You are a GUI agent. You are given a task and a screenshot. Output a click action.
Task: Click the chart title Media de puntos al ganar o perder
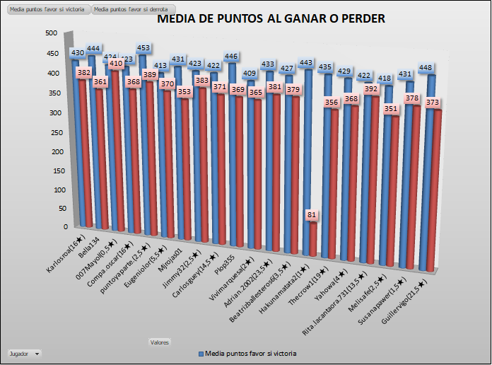[x=271, y=19]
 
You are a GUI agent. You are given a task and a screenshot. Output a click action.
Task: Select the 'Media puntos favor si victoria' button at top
[x=47, y=9]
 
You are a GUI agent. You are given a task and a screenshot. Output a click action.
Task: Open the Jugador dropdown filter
[x=24, y=352]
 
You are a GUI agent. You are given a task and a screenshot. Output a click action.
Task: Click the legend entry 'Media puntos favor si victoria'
[x=247, y=352]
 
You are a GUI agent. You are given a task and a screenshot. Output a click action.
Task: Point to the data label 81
[x=312, y=214]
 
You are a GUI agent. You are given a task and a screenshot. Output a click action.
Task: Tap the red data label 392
[x=372, y=90]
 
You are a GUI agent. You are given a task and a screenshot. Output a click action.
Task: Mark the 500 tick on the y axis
[x=51, y=33]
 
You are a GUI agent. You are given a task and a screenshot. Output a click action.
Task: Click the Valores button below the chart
[x=159, y=342]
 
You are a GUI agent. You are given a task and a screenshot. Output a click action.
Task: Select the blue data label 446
[x=230, y=57]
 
